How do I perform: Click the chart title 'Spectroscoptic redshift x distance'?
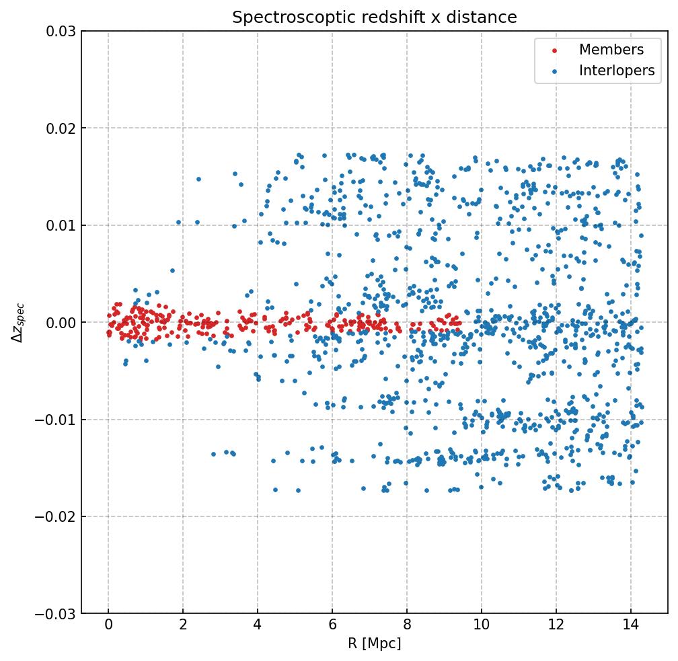point(375,17)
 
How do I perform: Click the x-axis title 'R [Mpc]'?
point(375,644)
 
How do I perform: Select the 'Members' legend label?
point(611,50)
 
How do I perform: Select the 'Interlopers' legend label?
point(617,71)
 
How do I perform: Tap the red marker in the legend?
point(554,50)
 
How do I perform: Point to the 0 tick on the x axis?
point(108,626)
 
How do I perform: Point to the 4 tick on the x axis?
point(258,626)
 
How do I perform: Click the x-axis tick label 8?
point(407,626)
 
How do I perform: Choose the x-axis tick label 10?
point(482,626)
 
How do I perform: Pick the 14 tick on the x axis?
point(631,626)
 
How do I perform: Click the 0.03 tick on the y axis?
point(61,31)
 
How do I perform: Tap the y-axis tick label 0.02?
point(61,128)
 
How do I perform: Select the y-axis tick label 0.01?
point(61,225)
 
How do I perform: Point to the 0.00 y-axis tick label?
point(61,323)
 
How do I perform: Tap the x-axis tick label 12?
point(556,626)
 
